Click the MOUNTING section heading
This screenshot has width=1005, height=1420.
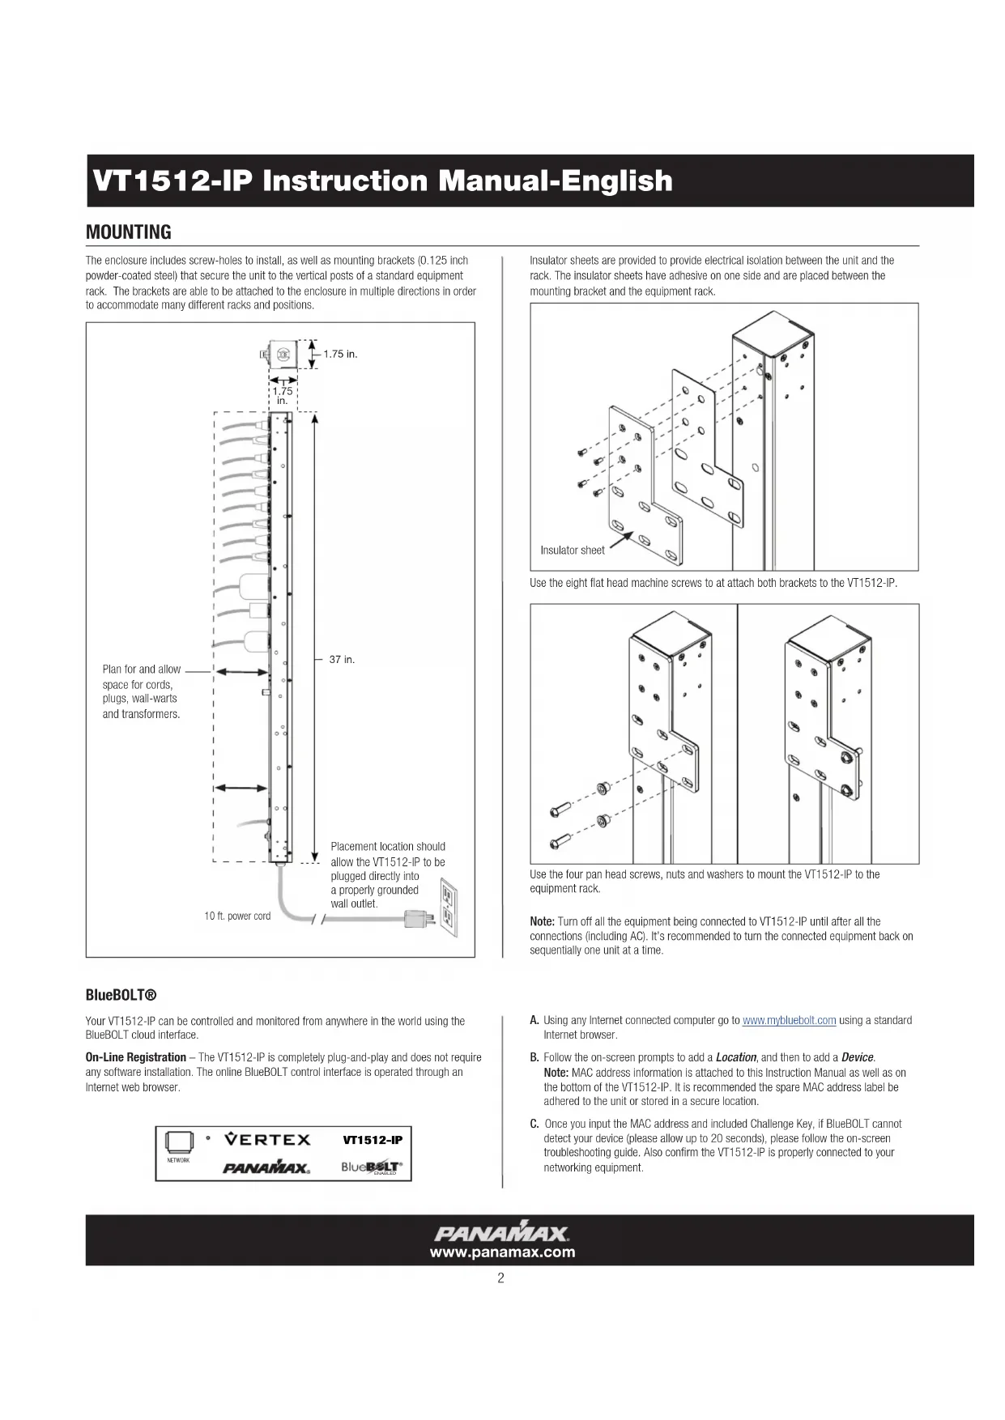click(x=129, y=232)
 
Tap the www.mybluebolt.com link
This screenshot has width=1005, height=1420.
click(x=789, y=1020)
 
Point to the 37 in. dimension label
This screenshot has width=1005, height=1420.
click(x=342, y=660)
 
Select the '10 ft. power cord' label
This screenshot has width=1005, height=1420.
click(x=237, y=916)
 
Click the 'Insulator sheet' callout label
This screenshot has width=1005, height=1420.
click(x=573, y=551)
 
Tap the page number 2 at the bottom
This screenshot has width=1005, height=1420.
click(x=501, y=1278)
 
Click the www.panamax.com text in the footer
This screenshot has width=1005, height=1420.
click(x=502, y=1252)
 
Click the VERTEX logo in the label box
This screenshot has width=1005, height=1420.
click(x=267, y=1140)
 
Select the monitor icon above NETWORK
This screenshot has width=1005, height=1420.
click(x=178, y=1142)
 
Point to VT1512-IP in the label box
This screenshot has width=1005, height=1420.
click(x=373, y=1140)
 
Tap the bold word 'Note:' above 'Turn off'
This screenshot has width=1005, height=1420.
click(x=542, y=921)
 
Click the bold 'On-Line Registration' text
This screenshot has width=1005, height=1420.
click(x=136, y=1057)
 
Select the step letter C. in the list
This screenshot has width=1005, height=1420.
click(x=534, y=1124)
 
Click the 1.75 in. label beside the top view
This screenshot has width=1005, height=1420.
click(x=340, y=354)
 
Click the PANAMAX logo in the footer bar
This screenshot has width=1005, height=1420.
click(x=502, y=1234)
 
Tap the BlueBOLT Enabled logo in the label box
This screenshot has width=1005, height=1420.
click(x=372, y=1167)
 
